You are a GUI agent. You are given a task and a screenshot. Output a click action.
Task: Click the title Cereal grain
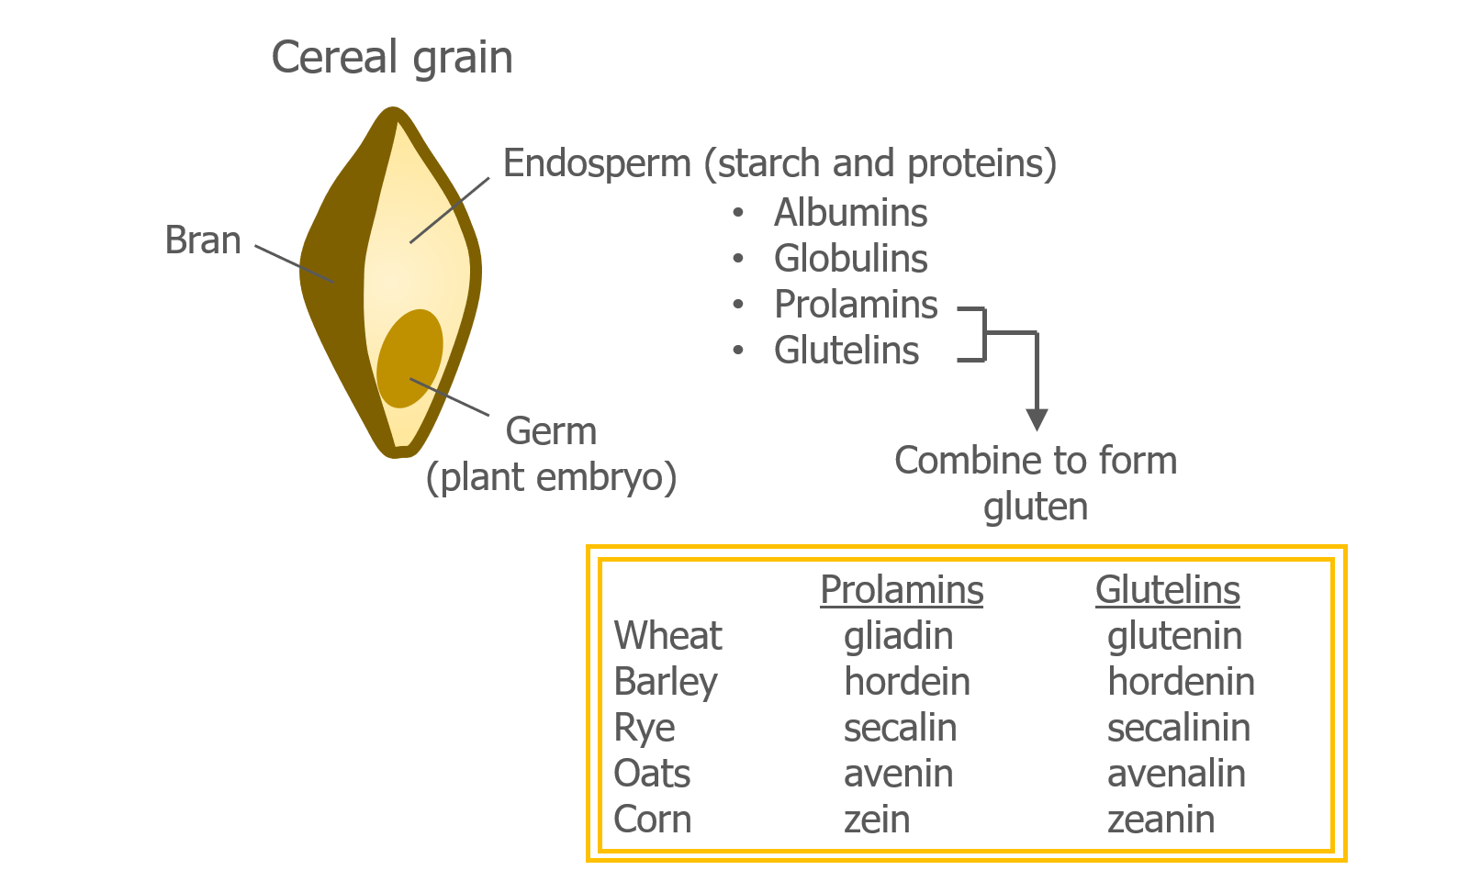click(391, 58)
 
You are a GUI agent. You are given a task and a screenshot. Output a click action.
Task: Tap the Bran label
click(203, 240)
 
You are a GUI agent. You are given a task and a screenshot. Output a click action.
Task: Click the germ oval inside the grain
click(409, 359)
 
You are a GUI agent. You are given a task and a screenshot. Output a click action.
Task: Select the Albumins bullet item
click(850, 212)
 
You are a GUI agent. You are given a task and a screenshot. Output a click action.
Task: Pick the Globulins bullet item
click(850, 258)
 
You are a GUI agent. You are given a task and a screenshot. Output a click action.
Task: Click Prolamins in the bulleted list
click(856, 304)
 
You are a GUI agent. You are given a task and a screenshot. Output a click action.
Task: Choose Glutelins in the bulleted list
click(846, 350)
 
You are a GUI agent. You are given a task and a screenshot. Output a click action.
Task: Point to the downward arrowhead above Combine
click(1037, 419)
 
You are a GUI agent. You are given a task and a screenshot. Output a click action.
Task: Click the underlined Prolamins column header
click(902, 589)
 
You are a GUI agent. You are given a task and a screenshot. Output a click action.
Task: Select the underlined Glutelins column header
click(1167, 589)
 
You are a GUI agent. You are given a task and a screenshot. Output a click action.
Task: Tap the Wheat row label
click(667, 635)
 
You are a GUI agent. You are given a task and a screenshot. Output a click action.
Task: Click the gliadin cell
click(899, 637)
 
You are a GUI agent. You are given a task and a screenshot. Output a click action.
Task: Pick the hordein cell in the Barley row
click(907, 681)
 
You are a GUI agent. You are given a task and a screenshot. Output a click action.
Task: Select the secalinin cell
click(1179, 727)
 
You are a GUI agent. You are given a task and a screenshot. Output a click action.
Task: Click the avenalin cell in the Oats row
click(1176, 773)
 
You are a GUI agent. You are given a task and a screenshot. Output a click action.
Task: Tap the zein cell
click(877, 820)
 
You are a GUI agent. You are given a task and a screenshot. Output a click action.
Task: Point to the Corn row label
click(653, 820)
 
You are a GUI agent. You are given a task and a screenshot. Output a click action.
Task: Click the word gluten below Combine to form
click(1036, 507)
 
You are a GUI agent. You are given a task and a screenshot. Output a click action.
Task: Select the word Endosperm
click(597, 164)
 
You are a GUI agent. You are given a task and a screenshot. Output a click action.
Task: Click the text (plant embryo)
click(551, 477)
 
